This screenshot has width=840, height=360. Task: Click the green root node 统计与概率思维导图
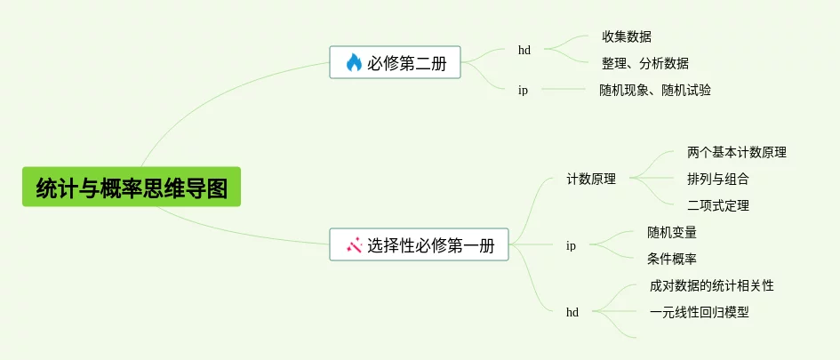(132, 188)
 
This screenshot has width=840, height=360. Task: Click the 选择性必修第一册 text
(431, 244)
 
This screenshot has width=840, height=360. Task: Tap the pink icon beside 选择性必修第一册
(354, 244)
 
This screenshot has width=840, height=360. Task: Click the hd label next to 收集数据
(524, 50)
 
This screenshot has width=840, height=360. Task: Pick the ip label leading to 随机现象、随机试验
(523, 90)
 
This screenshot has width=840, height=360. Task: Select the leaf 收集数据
(627, 36)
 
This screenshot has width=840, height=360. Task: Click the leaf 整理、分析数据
(645, 63)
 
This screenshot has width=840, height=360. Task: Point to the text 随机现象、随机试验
(655, 90)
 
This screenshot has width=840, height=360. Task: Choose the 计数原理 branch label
(592, 179)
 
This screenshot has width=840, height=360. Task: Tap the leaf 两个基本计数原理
(737, 152)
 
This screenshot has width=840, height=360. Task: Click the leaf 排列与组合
(718, 179)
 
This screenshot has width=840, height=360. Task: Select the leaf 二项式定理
(718, 205)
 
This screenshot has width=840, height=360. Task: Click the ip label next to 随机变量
(571, 245)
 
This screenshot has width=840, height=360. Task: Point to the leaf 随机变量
(672, 232)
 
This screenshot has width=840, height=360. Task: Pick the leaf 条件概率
(672, 259)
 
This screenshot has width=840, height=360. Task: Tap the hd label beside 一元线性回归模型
(572, 312)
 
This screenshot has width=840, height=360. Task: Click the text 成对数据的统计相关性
(712, 285)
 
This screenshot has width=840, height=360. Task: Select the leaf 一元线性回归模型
(700, 312)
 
